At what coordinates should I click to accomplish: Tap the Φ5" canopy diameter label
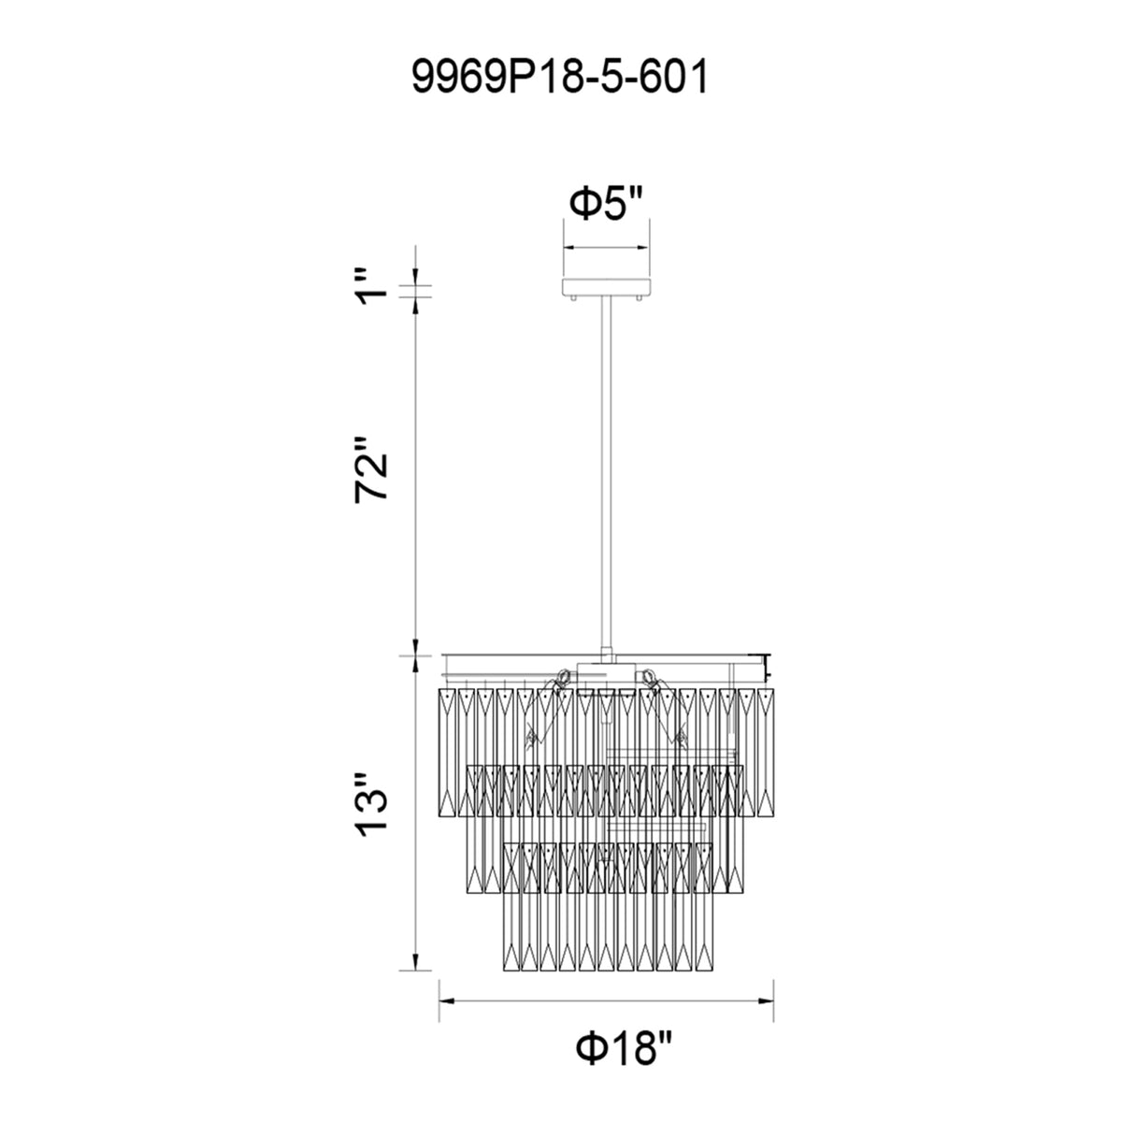(x=606, y=203)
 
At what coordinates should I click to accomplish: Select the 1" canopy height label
(x=371, y=287)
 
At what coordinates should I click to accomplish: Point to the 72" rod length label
(x=371, y=467)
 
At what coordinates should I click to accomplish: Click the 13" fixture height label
(x=371, y=805)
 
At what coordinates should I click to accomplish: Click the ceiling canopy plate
(x=606, y=287)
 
